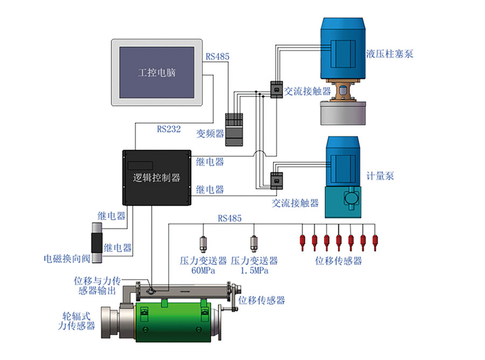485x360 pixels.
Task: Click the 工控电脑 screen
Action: click(x=156, y=72)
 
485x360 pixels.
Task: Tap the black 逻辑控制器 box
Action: click(x=157, y=177)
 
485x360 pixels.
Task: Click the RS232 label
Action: click(x=169, y=129)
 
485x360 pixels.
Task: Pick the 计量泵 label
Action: click(x=380, y=176)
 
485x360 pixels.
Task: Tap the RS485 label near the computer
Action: click(x=217, y=56)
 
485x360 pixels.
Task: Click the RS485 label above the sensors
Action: click(x=230, y=218)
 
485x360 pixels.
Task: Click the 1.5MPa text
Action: click(x=254, y=271)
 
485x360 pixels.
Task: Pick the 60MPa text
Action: click(x=203, y=271)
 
